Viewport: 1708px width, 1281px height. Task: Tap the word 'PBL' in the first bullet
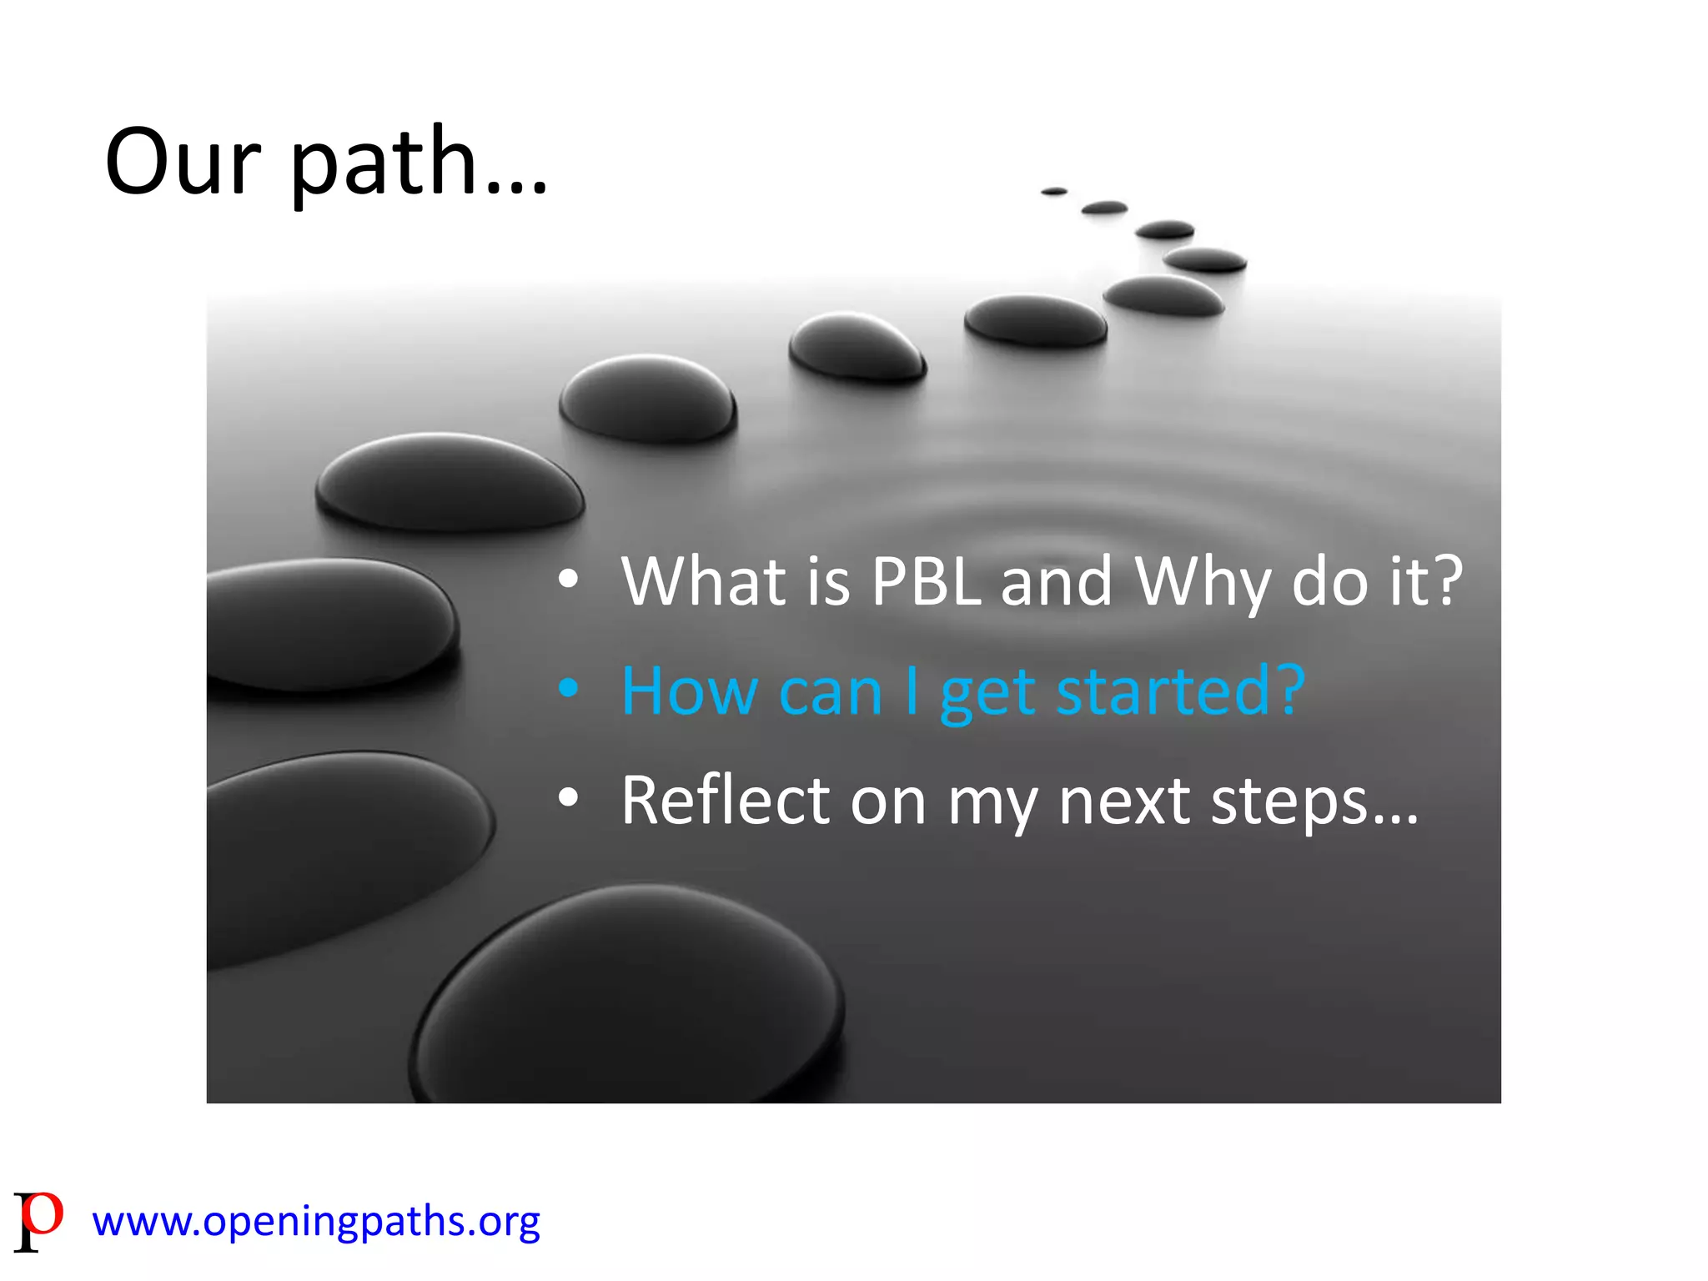coord(926,581)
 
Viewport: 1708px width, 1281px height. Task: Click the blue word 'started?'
coord(1180,692)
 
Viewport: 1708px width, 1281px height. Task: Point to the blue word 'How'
coord(689,692)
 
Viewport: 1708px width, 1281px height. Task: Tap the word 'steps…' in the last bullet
coord(1314,803)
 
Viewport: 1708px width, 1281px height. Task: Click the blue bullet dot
coord(569,689)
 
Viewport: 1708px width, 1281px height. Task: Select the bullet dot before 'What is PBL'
coord(569,580)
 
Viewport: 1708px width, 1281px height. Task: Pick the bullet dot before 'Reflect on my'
coord(569,798)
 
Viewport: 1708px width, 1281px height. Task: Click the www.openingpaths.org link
coord(316,1222)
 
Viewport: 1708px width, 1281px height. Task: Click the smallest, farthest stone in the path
coord(1054,192)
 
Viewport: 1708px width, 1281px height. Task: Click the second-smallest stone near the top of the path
coord(1104,208)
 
